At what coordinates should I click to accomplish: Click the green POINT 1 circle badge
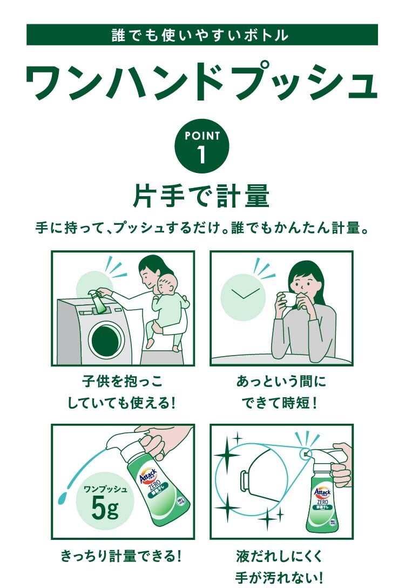pyautogui.click(x=202, y=146)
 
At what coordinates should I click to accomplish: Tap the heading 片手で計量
pyautogui.click(x=201, y=195)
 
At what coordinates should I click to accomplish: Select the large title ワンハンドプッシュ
pyautogui.click(x=201, y=82)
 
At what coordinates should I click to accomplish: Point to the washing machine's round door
pyautogui.click(x=106, y=339)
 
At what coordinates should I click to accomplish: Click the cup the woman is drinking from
pyautogui.click(x=288, y=299)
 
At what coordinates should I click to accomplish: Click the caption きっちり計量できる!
pyautogui.click(x=122, y=556)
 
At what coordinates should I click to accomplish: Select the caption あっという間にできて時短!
pyautogui.click(x=281, y=392)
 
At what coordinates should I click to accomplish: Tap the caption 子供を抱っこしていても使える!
pyautogui.click(x=122, y=392)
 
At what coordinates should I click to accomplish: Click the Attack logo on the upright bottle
pyautogui.click(x=322, y=492)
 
